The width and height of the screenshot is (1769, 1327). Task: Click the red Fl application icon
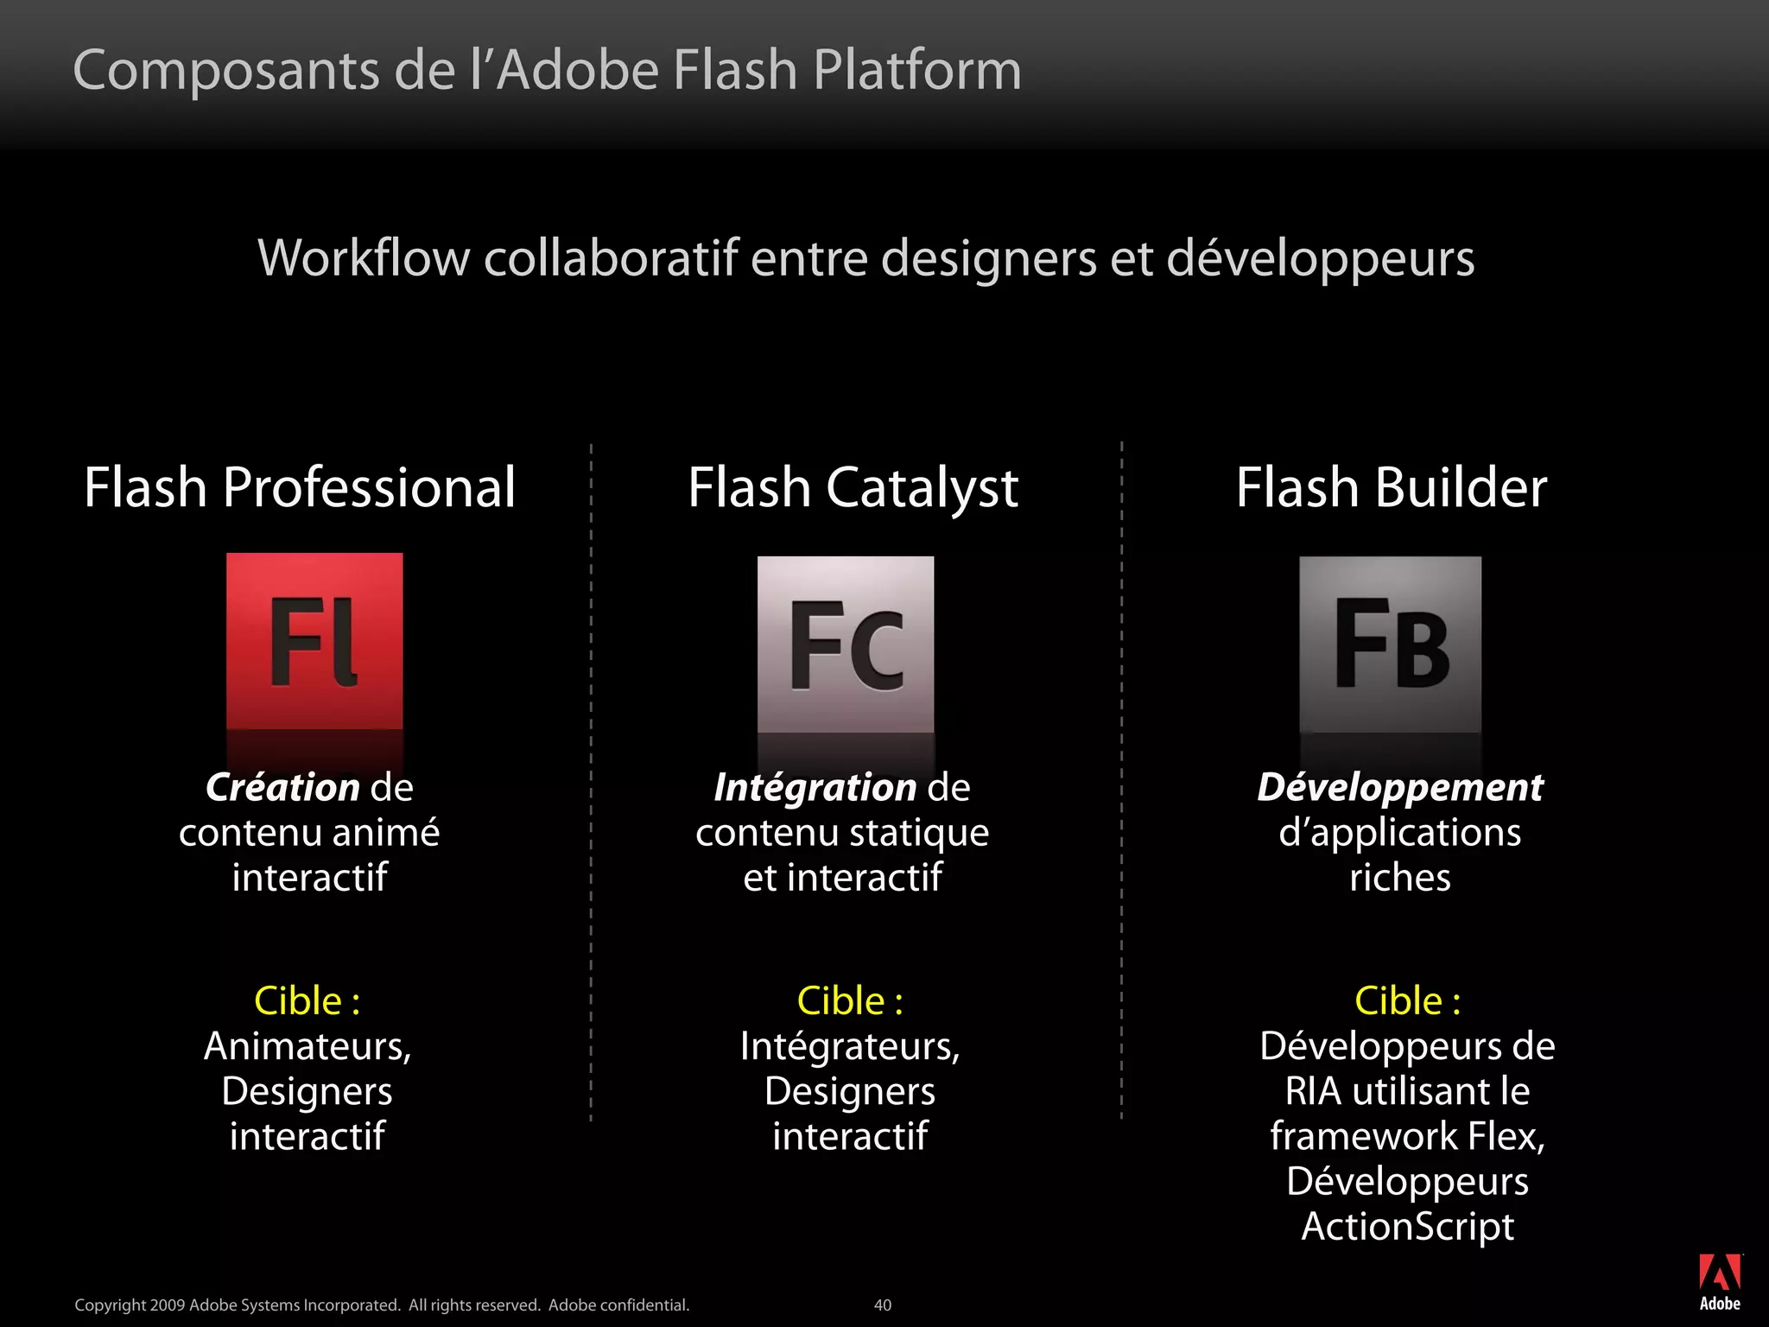(314, 641)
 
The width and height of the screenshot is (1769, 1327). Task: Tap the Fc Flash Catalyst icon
(846, 644)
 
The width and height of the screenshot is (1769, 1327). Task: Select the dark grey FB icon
(1390, 644)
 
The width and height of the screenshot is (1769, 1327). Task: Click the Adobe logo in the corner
(1720, 1282)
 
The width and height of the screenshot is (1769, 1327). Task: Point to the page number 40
(882, 1305)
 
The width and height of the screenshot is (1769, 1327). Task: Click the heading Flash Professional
(300, 487)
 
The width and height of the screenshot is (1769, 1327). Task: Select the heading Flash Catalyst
(853, 487)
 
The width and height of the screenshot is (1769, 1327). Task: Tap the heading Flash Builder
(1391, 487)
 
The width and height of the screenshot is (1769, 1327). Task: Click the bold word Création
(282, 787)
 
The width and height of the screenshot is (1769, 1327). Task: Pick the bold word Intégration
(815, 787)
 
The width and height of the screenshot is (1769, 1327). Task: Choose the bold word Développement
(1399, 787)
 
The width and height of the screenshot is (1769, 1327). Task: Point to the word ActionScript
(1407, 1226)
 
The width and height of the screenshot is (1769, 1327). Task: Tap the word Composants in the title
(226, 70)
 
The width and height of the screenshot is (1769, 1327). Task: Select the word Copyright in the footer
(110, 1305)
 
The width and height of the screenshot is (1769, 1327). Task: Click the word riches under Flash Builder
(1399, 878)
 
